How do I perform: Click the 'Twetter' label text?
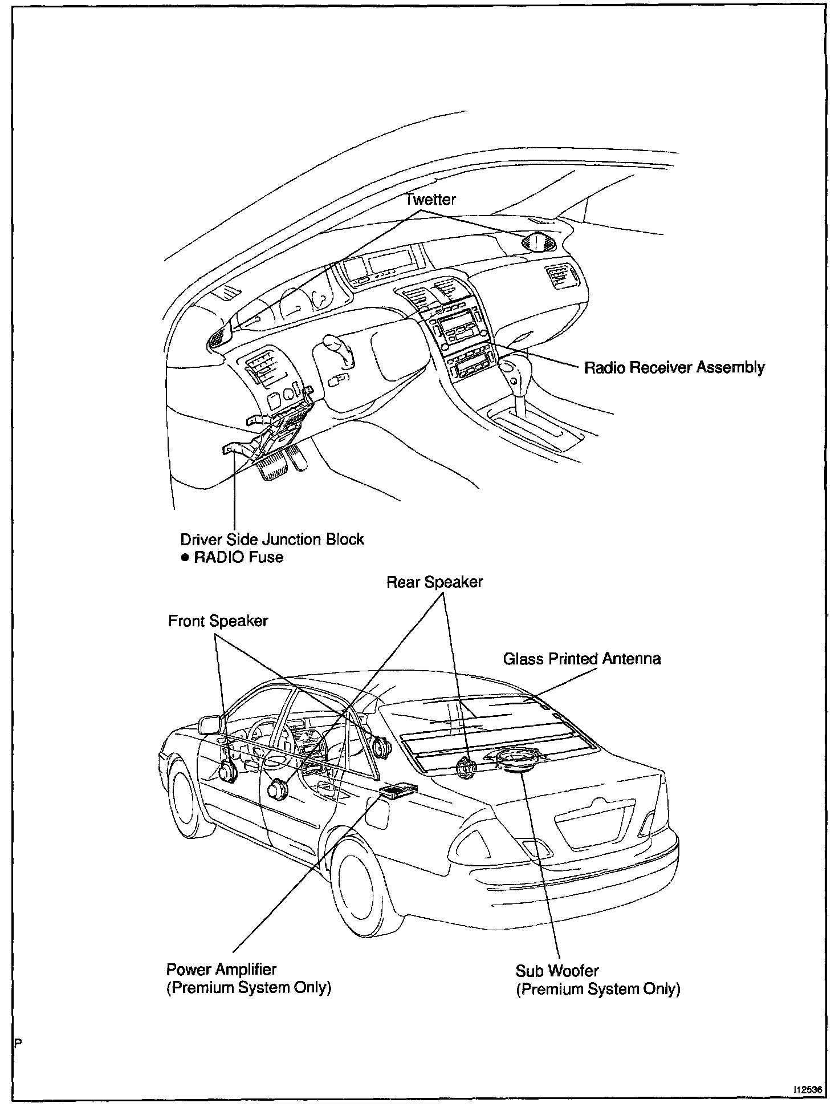430,200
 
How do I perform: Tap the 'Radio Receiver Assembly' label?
674,367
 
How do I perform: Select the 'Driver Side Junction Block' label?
272,539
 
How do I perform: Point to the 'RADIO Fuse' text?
239,557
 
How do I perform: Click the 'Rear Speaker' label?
434,582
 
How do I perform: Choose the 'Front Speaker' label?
218,621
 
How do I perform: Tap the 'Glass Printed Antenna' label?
581,659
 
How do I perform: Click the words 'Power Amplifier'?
221,969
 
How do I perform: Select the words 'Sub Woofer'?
557,970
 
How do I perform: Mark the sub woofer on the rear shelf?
517,760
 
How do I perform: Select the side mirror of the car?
211,725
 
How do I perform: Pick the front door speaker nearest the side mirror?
228,771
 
